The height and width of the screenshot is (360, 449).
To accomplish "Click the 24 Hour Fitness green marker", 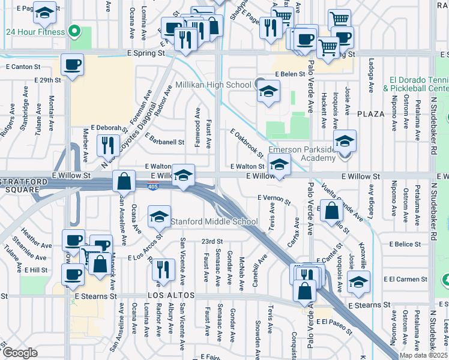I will (x=75, y=31).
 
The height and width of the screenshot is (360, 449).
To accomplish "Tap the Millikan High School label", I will (x=213, y=85).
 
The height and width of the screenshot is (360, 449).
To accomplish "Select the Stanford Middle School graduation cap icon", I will (x=159, y=217).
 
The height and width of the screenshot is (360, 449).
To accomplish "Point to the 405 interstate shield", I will (x=154, y=187).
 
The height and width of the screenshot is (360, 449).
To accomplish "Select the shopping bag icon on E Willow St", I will (x=124, y=181).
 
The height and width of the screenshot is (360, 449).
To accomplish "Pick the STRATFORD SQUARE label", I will (x=18, y=182).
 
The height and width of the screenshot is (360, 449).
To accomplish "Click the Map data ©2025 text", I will (x=423, y=355).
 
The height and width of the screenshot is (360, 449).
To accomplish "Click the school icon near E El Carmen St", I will (x=358, y=282).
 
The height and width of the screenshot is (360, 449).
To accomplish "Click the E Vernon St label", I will (x=274, y=197).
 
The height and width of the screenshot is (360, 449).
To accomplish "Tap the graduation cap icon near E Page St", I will (x=44, y=12).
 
